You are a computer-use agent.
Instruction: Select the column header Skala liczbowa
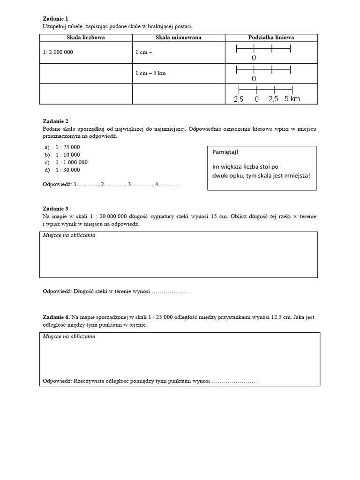coord(85,37)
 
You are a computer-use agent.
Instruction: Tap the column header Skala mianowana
coord(179,37)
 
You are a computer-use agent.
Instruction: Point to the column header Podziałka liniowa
coord(271,37)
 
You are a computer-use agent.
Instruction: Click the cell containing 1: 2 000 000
coord(58,52)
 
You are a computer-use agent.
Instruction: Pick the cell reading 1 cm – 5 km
coord(150,73)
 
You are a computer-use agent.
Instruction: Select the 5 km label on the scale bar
coord(292,99)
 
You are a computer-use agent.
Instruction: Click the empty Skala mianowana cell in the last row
coord(179,94)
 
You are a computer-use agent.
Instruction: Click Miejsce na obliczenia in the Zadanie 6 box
coord(69,337)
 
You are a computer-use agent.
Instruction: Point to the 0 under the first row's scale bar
coord(254,58)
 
